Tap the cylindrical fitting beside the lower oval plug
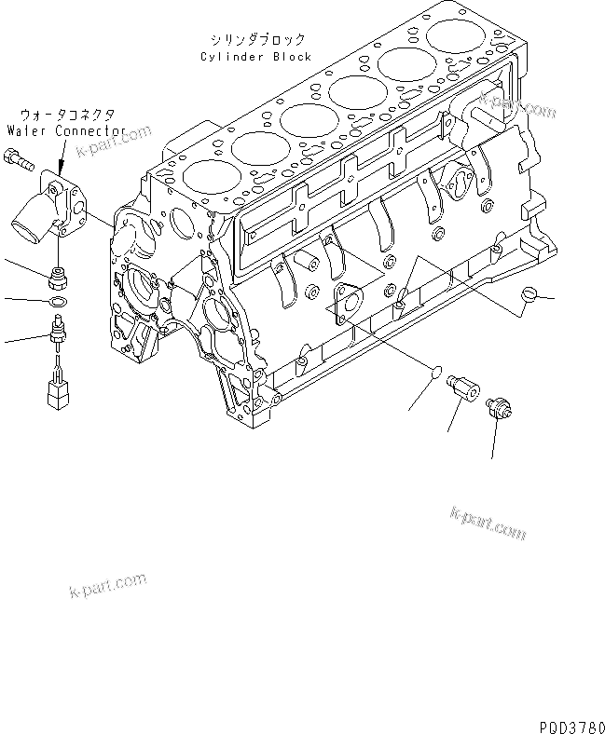click(463, 387)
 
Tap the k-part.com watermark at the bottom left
click(107, 585)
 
